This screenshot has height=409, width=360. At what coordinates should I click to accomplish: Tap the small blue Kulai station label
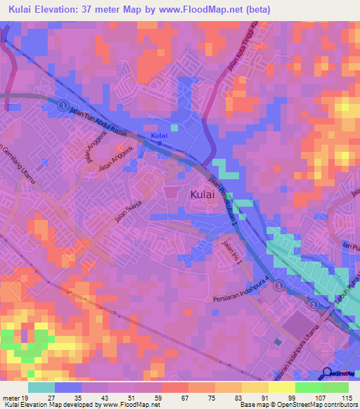coord(160,136)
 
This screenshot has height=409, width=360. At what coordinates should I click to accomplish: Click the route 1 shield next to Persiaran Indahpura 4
coord(279,285)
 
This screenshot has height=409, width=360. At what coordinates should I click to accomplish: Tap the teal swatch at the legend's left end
coord(41,387)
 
